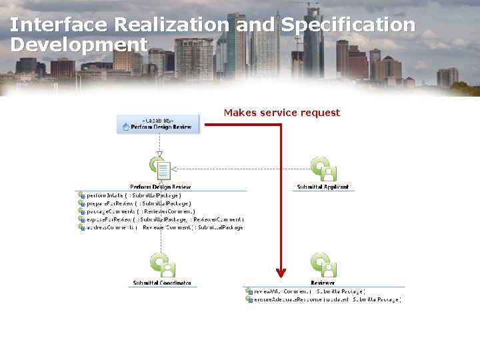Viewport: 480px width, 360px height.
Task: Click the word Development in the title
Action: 79,45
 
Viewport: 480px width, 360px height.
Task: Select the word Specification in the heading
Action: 348,25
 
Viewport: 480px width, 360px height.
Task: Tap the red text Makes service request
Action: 281,113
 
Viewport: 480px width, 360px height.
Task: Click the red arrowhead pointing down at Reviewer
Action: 281,272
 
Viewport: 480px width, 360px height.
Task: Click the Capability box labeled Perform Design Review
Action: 158,124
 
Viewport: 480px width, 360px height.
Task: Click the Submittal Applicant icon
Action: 323,169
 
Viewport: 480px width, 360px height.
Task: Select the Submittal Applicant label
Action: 323,187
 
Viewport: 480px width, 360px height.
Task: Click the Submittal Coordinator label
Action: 162,283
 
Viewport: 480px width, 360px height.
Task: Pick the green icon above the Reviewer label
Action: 323,265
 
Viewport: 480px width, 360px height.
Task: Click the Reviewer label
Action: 323,283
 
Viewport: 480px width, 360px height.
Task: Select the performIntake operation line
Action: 133,196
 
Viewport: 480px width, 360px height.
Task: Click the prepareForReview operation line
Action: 138,204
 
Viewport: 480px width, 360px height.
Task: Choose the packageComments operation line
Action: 140,211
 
